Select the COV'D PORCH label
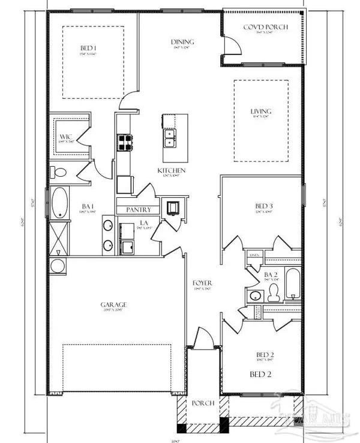265,28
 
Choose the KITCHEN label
172,171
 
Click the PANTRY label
137,210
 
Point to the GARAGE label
113,305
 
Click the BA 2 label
272,275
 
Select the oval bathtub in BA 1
60,203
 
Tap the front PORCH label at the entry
203,403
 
